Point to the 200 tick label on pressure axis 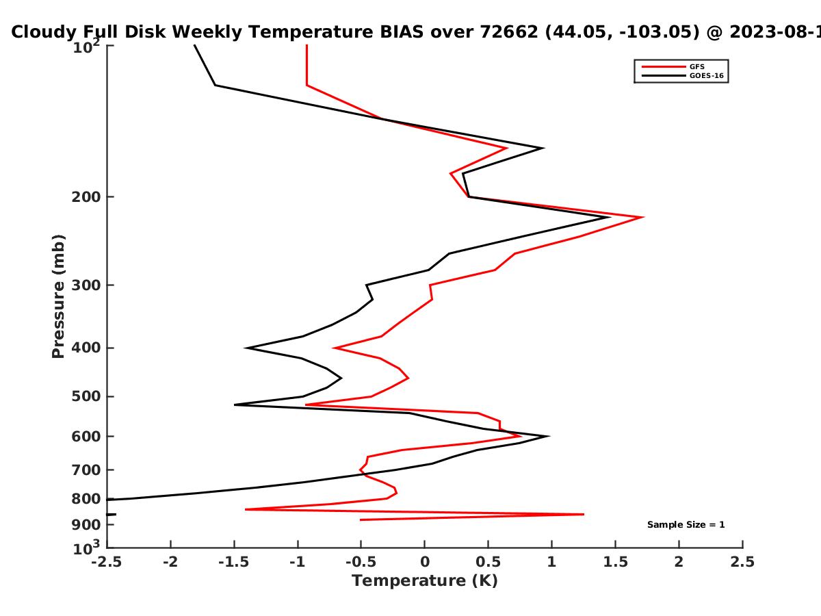pos(86,196)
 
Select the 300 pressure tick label pos(86,285)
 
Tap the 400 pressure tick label pos(86,348)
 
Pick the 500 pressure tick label pos(86,396)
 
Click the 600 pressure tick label pos(86,437)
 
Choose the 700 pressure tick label pos(86,470)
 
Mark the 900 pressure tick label pos(86,525)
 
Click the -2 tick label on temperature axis pos(170,562)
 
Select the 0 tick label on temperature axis pos(425,562)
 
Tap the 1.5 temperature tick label pos(615,562)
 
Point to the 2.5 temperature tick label pos(742,562)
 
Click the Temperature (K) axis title pos(425,581)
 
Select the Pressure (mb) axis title pos(58,296)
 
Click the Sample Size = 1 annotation pos(686,525)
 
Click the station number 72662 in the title pos(509,32)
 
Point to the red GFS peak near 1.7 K pos(643,217)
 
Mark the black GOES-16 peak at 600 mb pos(548,436)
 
